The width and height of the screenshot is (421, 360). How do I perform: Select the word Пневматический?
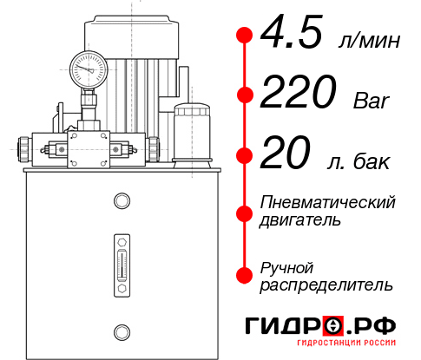coord(328,202)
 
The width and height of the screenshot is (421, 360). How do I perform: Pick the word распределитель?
coord(326,284)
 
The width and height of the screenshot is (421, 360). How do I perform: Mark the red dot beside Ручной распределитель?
coord(245,274)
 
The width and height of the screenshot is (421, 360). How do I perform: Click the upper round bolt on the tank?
coord(121,202)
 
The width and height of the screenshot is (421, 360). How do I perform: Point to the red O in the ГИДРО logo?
coord(332,326)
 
